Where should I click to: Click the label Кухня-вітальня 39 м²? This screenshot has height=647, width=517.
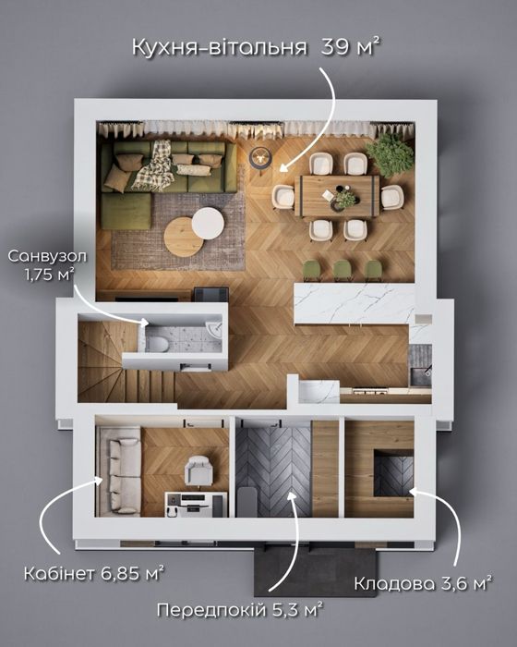coord(256,46)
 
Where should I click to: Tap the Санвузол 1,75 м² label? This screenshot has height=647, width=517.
coord(47,265)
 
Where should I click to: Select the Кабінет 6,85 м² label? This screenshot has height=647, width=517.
coord(94,573)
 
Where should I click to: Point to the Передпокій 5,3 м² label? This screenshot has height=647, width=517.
coord(239,609)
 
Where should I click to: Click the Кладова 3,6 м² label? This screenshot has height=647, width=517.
coord(423,583)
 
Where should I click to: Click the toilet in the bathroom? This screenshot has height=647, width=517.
coord(157,343)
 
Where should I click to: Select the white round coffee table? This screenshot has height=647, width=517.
coord(209,224)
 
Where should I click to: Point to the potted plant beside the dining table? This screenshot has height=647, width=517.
coord(391,155)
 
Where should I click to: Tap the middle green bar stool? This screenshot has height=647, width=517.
coord(343,270)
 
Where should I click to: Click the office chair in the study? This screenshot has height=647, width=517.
coord(198,470)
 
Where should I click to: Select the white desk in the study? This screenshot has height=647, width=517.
coord(196,504)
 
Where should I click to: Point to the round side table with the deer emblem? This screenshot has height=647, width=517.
coord(260,158)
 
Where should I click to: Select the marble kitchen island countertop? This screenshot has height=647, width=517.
coord(354,303)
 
